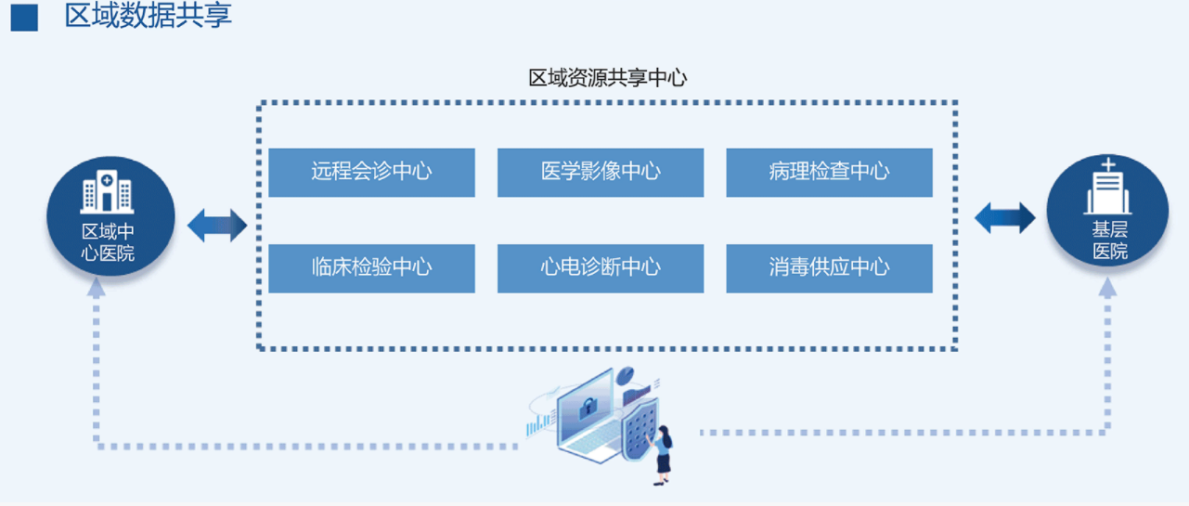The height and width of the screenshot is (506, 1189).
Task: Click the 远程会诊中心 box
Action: (371, 173)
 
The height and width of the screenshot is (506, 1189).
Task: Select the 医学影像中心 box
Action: (601, 173)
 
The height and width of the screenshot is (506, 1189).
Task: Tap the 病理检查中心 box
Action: (829, 173)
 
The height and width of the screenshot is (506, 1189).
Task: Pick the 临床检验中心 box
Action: (371, 268)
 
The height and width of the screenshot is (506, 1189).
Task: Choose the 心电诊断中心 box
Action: (601, 268)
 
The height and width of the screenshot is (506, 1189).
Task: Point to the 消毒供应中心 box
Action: (829, 268)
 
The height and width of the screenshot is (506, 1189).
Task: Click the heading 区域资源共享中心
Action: (607, 78)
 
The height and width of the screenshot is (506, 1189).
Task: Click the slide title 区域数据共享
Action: (149, 16)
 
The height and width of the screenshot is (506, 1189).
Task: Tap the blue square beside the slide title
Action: (24, 18)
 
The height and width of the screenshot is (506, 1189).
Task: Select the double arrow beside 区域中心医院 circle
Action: (217, 225)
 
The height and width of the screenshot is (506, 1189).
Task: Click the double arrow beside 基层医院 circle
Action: (1005, 217)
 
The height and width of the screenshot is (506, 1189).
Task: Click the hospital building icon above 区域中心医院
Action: (108, 191)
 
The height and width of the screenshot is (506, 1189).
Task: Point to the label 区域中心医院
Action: (108, 242)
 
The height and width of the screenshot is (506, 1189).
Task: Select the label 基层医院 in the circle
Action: (1109, 240)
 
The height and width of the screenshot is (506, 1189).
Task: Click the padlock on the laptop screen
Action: (588, 408)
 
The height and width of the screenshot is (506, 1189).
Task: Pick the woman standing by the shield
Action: (662, 455)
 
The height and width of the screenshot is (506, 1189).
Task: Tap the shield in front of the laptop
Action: (640, 429)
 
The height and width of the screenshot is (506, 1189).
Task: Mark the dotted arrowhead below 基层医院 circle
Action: (1108, 288)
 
